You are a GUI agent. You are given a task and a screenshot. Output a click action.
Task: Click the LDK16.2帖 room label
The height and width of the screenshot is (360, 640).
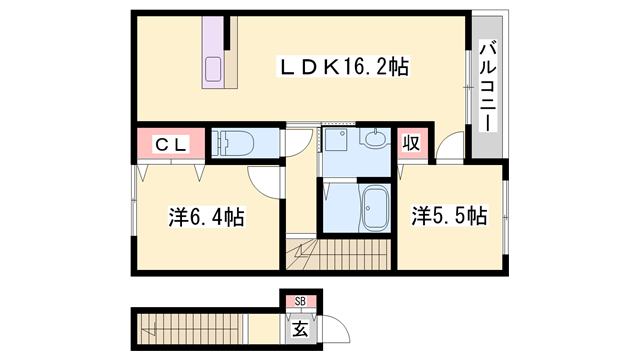pos(343,68)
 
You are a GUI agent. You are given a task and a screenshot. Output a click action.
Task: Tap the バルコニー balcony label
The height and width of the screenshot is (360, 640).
pos(487,84)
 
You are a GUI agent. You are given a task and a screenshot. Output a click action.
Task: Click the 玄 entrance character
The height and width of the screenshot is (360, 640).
pos(299,325)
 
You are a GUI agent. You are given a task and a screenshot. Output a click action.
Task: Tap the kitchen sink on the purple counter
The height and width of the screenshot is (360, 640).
pos(216,70)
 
